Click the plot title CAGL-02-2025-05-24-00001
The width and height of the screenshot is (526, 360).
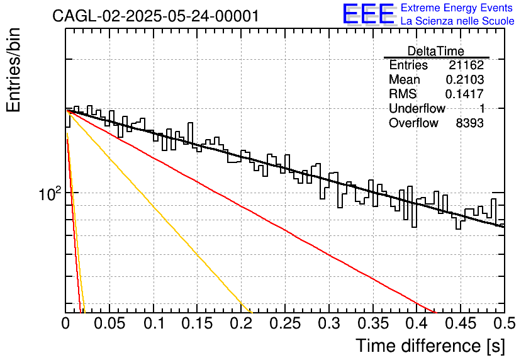(x=155, y=16)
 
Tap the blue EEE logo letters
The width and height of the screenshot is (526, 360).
(x=368, y=13)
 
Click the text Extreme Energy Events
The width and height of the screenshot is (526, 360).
(x=457, y=8)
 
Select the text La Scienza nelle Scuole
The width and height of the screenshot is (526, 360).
(x=457, y=21)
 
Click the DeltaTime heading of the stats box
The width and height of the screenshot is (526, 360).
(x=436, y=51)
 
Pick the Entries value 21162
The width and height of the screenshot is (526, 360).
(x=466, y=65)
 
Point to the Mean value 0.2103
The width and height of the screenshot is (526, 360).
(x=464, y=79)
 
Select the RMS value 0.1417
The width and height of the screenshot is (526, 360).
(x=464, y=94)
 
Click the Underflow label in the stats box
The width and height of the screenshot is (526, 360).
(x=417, y=108)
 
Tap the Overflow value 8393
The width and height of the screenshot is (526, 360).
(x=469, y=123)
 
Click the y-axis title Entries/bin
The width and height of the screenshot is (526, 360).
(x=14, y=70)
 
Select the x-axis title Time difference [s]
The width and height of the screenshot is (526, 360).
(x=430, y=346)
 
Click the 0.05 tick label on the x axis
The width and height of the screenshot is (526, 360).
(x=109, y=323)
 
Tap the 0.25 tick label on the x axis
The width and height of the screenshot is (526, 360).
(x=285, y=323)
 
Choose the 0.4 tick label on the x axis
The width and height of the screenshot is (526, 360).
(x=417, y=323)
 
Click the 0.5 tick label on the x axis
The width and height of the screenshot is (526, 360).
(x=505, y=323)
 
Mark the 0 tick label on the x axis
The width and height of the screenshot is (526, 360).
(x=65, y=323)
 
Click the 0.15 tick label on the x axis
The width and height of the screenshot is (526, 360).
(x=198, y=323)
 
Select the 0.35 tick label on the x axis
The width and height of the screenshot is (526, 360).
(x=373, y=323)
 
